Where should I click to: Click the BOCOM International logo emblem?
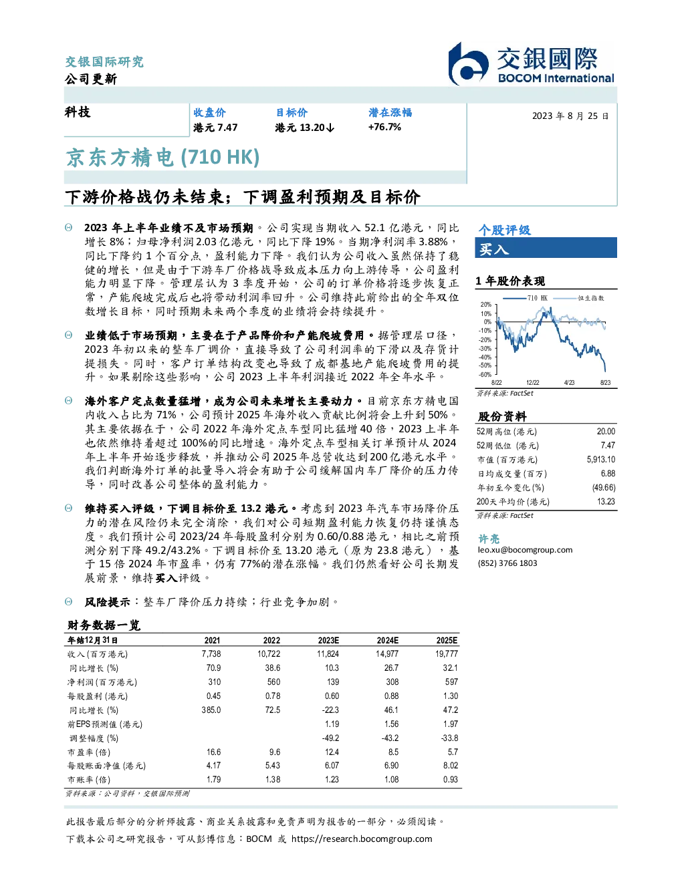pos(468,63)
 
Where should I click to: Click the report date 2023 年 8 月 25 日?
pos(570,116)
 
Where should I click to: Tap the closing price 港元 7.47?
pos(215,128)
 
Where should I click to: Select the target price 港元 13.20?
pos(304,128)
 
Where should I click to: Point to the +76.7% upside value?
pos(384,127)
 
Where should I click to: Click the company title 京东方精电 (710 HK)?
pos(162,158)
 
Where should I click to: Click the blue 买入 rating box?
pos(546,248)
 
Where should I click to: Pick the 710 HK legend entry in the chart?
pos(525,298)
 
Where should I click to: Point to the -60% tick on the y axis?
pos(485,375)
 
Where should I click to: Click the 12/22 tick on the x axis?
pos(532,383)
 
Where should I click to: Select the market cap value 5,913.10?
pos(600,460)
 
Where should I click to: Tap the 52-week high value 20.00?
pos(606,432)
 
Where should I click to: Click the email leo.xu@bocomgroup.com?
pos(526,550)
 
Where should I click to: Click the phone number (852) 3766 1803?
pos(507,563)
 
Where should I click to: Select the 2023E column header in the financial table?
pos(328,641)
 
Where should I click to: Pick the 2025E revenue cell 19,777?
pos(447,654)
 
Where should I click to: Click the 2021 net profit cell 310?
pos(215,682)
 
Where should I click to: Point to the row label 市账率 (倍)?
pos(88,780)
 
